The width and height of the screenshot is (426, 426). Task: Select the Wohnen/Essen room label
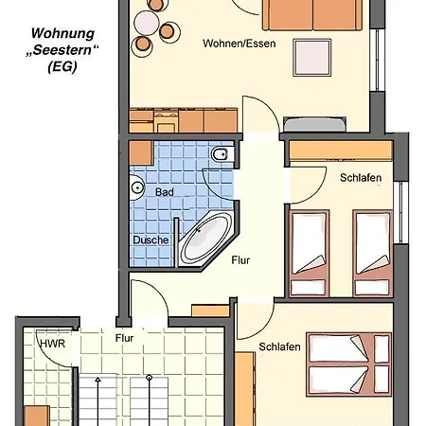[238, 44]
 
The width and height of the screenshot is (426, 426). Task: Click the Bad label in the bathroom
[166, 191]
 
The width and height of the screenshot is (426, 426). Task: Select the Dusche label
[151, 240]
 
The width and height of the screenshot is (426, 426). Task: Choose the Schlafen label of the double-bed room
[279, 347]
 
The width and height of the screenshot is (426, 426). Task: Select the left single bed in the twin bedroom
[308, 248]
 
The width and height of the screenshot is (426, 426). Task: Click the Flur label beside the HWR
[123, 336]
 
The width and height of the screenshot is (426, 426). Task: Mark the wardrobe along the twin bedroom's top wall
[339, 150]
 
